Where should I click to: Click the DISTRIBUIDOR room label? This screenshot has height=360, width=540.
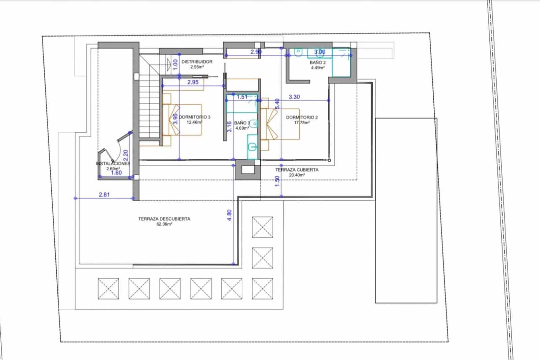tap(197, 62)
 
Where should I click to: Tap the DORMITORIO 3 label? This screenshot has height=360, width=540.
tap(195, 117)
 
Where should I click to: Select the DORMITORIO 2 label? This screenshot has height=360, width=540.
tap(302, 118)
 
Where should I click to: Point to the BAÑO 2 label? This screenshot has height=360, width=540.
tap(318, 63)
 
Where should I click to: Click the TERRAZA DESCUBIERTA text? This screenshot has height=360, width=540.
tap(164, 219)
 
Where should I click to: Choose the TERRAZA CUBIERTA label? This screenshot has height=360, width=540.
tap(297, 170)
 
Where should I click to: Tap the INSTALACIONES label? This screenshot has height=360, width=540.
tap(113, 163)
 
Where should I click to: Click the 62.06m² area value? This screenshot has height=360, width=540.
tap(164, 224)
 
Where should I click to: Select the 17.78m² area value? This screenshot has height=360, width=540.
tap(302, 123)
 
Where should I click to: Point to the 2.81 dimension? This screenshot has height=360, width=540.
tap(104, 195)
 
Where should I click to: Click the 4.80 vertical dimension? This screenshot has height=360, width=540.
tap(230, 215)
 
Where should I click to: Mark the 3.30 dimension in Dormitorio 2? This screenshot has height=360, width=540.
tap(294, 97)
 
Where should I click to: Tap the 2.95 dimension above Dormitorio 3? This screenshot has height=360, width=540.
tap(193, 82)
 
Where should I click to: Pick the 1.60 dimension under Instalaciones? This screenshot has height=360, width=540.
tap(116, 173)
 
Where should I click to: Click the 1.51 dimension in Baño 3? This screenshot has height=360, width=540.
tap(242, 97)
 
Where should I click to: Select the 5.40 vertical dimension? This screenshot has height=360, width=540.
tap(277, 104)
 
